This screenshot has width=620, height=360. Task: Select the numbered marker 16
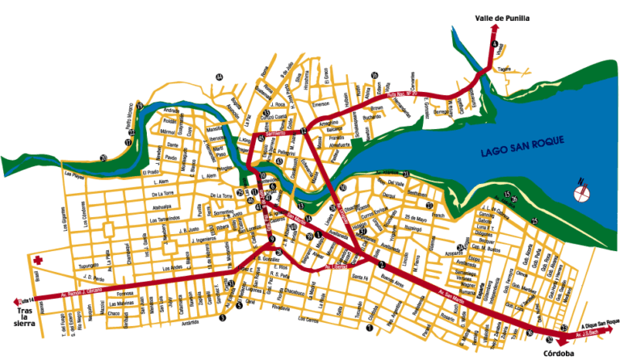[x=375, y=76]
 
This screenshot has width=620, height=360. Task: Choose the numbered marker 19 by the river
[x=140, y=106]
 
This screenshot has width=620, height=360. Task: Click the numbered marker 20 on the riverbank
[x=103, y=157]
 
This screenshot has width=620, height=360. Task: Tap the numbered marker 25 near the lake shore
[x=534, y=220]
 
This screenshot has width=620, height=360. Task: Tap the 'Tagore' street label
[x=505, y=69]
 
